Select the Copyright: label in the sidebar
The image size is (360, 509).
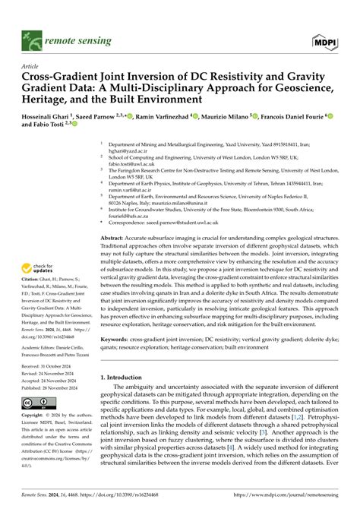(33, 417)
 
